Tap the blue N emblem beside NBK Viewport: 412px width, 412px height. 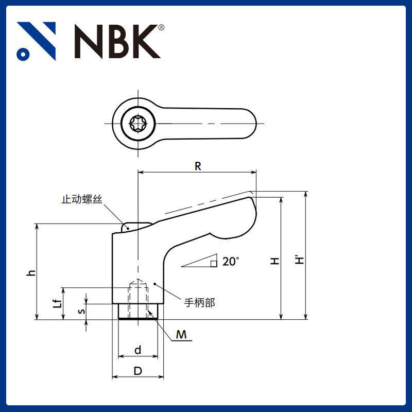tap(36, 41)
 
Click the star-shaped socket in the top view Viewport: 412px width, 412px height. tap(138, 124)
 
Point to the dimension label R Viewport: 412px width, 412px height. tap(198, 166)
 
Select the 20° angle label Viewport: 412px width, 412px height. tap(231, 262)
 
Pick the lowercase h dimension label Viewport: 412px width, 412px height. tap(31, 272)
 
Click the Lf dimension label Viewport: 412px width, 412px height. tap(58, 303)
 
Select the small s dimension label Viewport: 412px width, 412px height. tap(80, 311)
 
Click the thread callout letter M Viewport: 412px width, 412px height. tap(181, 335)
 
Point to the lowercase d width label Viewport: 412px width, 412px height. tap(138, 350)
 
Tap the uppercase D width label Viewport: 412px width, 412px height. tap(138, 371)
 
